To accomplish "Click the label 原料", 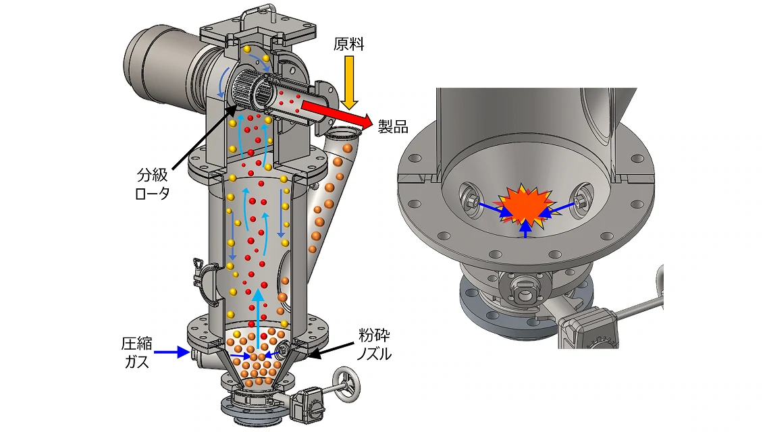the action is coord(349,45).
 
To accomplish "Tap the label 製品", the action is coord(393,127).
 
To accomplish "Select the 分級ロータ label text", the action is coord(153,184).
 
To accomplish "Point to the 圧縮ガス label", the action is coord(136,352).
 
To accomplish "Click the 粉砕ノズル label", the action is coord(374,344).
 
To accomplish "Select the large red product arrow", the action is coord(336,113).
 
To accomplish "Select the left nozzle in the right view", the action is coord(470,197).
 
